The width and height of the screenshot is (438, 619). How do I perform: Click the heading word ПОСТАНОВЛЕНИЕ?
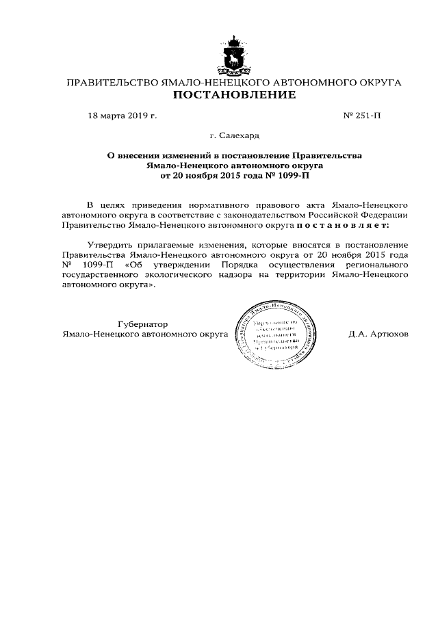pyautogui.click(x=234, y=95)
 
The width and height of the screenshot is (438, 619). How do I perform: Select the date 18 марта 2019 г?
pyautogui.click(x=123, y=116)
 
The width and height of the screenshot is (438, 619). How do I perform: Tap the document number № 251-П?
pyautogui.click(x=362, y=116)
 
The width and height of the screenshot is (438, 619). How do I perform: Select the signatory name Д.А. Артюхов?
pyautogui.click(x=378, y=334)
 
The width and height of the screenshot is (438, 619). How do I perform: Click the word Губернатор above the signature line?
pyautogui.click(x=142, y=324)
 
